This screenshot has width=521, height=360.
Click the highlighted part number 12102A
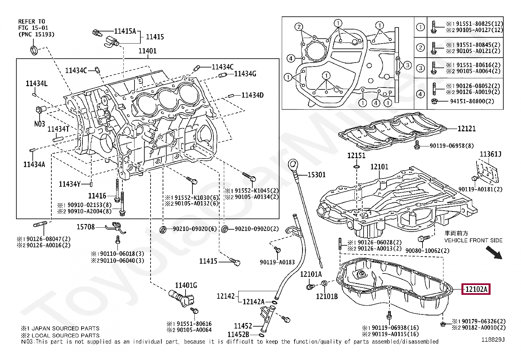476,289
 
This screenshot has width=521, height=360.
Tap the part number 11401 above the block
148,51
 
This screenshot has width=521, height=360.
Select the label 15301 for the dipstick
316,175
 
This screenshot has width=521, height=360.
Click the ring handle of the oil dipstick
293,164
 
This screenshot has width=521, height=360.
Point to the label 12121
467,128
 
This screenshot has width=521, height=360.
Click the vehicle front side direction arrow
494,253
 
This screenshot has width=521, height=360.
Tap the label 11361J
491,154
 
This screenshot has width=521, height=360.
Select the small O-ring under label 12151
356,167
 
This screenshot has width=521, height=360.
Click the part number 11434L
37,83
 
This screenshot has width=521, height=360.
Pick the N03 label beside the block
40,124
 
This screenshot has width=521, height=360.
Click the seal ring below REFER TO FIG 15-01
34,50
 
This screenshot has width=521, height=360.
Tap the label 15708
86,227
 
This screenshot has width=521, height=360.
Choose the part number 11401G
186,285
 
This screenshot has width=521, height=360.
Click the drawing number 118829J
493,340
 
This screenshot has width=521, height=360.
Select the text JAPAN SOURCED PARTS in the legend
65,328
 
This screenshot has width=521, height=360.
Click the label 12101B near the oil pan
327,296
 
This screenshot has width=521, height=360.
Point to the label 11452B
238,335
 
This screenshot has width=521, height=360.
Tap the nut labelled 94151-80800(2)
434,101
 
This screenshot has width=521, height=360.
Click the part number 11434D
252,95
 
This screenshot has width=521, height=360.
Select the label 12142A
254,302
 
